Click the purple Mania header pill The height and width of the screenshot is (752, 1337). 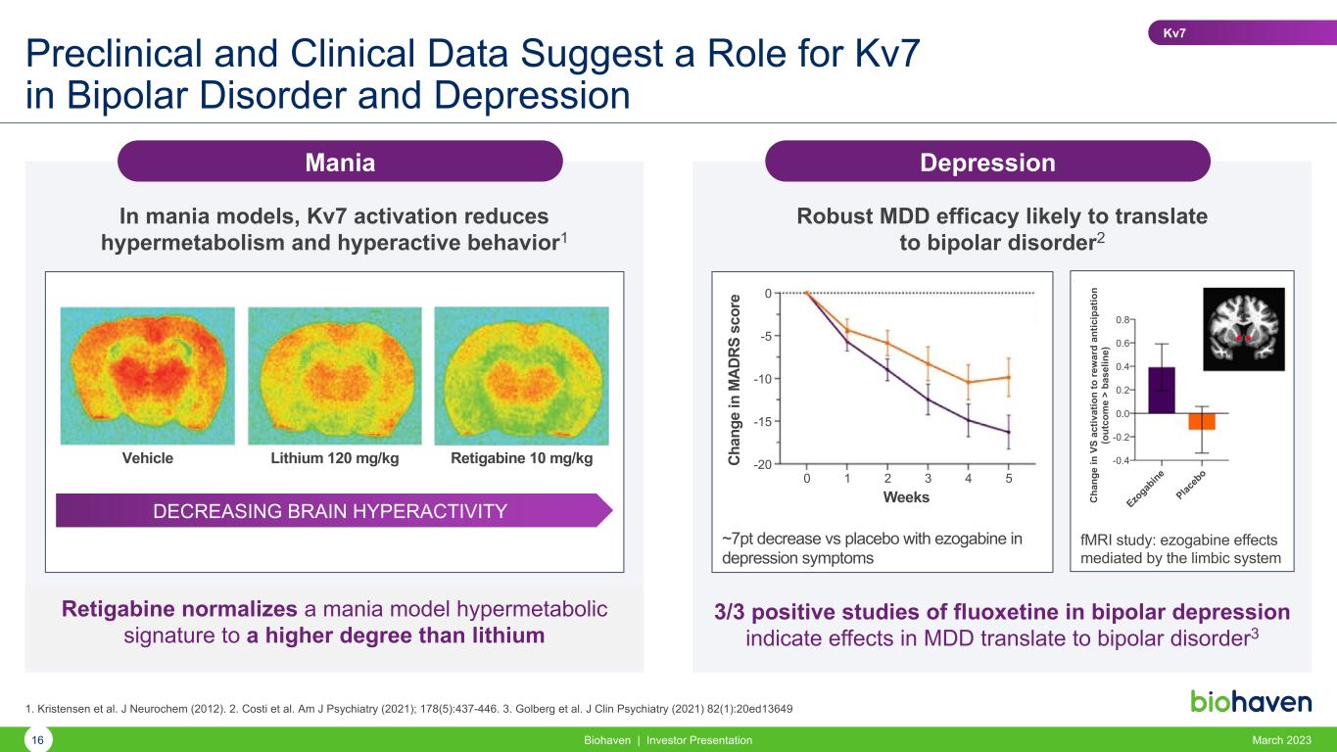pyautogui.click(x=340, y=162)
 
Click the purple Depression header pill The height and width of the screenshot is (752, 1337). pyautogui.click(x=987, y=162)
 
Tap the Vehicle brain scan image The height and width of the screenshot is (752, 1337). pyautogui.click(x=148, y=375)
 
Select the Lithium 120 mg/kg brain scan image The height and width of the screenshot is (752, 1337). pyautogui.click(x=334, y=375)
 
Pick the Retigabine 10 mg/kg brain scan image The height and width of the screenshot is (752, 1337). pyautogui.click(x=521, y=375)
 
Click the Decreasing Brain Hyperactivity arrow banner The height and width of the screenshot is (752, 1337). pyautogui.click(x=334, y=510)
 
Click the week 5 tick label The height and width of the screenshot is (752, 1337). pyautogui.click(x=1008, y=479)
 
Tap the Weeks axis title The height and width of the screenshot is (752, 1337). pyautogui.click(x=906, y=497)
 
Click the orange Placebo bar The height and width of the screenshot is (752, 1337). pyautogui.click(x=1202, y=422)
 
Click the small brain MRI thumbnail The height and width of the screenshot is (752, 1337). pyautogui.click(x=1243, y=327)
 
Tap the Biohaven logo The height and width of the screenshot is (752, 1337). pyautogui.click(x=1251, y=701)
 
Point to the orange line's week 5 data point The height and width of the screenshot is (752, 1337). pyautogui.click(x=1008, y=377)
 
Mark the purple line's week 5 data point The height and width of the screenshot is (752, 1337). pyautogui.click(x=1008, y=432)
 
